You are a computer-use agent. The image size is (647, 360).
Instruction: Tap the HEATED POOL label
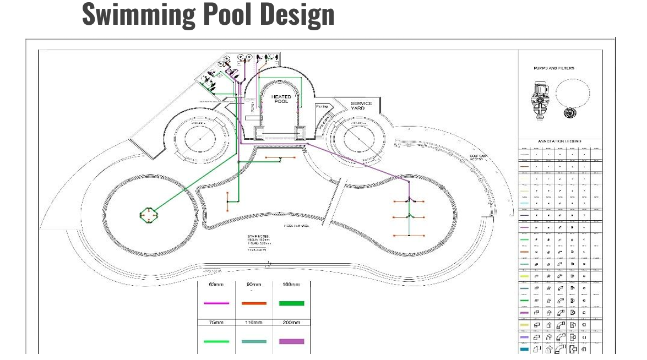tap(281, 99)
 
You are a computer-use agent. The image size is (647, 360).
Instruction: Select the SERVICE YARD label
tap(361, 105)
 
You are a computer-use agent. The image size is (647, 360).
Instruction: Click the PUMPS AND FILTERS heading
tap(553, 68)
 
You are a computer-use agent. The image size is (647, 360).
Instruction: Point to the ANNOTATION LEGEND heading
tap(559, 141)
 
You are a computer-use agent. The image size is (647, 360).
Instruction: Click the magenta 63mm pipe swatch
tap(216, 303)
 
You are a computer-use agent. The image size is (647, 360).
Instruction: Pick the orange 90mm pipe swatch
tap(254, 303)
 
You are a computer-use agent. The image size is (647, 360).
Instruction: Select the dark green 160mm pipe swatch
tap(291, 303)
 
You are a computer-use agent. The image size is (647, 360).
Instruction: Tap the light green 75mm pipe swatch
tap(216, 341)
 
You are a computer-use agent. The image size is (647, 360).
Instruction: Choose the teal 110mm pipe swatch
tap(254, 341)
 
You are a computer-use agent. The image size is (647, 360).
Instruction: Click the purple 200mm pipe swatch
tap(291, 341)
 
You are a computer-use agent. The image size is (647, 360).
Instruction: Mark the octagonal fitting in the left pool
tap(148, 215)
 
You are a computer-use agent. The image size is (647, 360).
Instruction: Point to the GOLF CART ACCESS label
tap(478, 157)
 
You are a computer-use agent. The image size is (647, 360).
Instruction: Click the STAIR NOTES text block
tap(258, 243)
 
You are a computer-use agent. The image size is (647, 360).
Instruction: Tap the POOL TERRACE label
tap(296, 226)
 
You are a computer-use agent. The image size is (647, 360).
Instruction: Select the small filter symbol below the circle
tap(570, 113)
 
